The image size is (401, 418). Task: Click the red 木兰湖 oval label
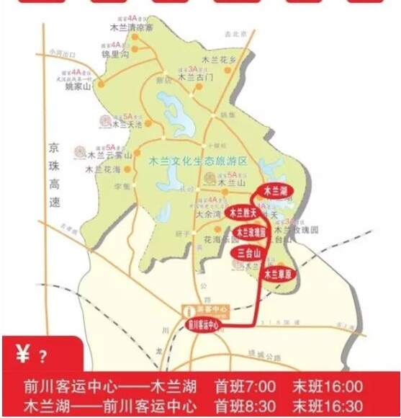click(x=276, y=191)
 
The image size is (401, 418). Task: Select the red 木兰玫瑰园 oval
click(x=250, y=233)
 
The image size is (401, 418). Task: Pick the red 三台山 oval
click(x=248, y=252)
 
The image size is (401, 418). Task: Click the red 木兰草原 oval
click(x=276, y=274)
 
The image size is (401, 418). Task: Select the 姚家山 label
click(x=79, y=86)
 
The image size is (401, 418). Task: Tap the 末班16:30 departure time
click(x=327, y=406)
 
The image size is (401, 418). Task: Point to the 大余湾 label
click(x=209, y=214)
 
